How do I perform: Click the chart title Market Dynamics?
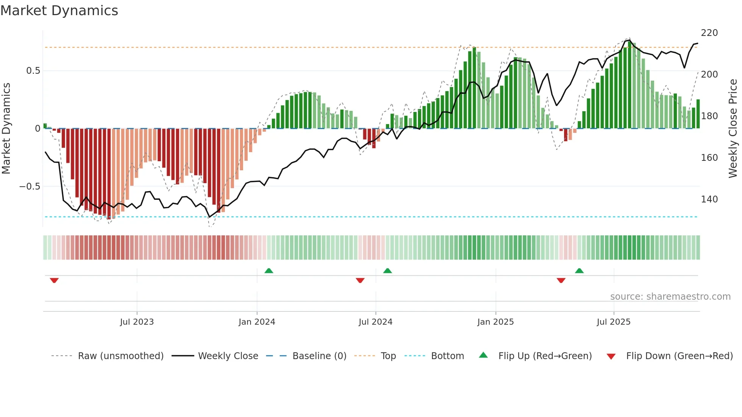point(59,11)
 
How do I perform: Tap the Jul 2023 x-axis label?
point(137,322)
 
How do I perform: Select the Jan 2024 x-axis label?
point(257,322)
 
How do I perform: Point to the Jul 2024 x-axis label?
point(375,322)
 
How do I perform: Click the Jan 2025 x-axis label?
point(495,322)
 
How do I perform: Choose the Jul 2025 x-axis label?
point(613,322)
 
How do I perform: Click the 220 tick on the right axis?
point(709,33)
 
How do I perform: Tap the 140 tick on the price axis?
point(709,199)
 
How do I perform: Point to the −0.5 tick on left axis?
point(30,187)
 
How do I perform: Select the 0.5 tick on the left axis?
point(33,71)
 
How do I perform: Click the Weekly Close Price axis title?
point(733,129)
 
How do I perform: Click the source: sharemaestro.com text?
point(670,297)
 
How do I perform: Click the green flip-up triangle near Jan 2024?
point(269,271)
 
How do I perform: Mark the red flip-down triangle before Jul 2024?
point(360,280)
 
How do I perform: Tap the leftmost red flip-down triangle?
point(54,280)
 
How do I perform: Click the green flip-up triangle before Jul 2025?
point(579,271)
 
